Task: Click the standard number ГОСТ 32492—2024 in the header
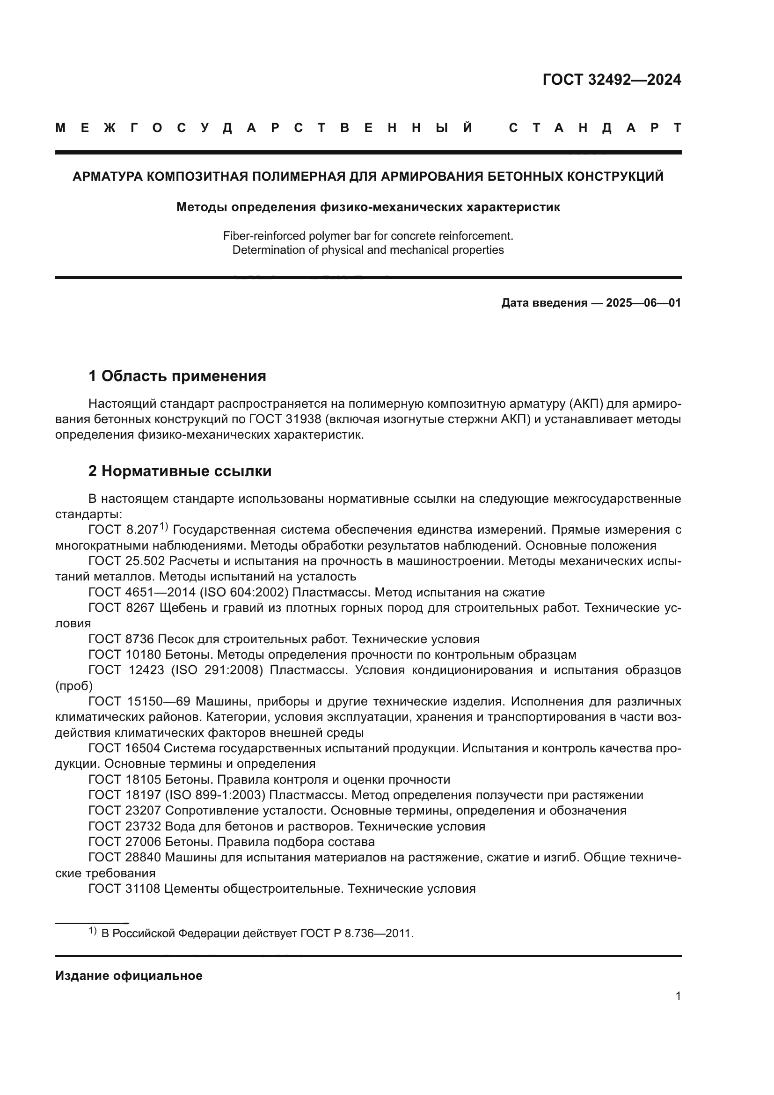point(612,80)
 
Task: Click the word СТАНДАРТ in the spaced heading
point(595,128)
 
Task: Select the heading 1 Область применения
point(177,376)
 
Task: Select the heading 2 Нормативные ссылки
point(180,471)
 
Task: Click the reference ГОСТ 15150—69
point(139,702)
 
